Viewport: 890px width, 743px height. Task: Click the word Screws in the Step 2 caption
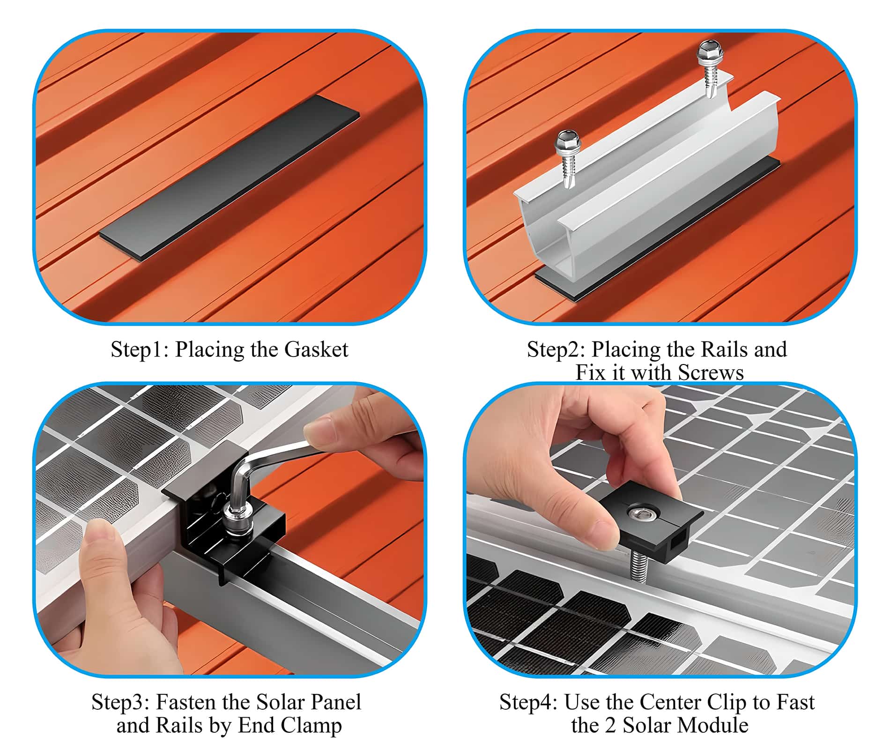[711, 373]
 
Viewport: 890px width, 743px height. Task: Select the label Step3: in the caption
[120, 702]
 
